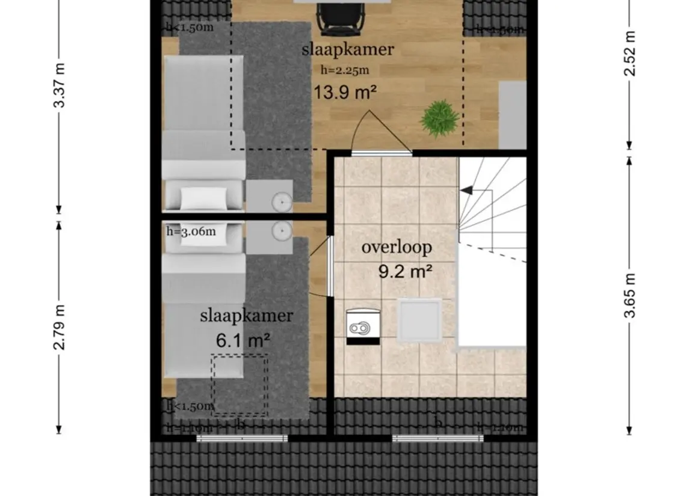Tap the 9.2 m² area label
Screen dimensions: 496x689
[406, 272]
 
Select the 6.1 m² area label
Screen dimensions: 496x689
[243, 340]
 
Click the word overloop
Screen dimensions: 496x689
[397, 247]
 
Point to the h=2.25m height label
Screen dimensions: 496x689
[345, 70]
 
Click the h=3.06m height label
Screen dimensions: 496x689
[191, 230]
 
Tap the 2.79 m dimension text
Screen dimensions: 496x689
[60, 326]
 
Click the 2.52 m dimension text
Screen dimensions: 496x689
[629, 52]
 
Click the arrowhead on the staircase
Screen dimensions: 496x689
[466, 190]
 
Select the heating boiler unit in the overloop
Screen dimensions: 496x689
[363, 326]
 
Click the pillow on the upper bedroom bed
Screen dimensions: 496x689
[203, 197]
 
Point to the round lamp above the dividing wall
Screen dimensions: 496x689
[281, 202]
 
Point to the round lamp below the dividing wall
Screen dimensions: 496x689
[281, 230]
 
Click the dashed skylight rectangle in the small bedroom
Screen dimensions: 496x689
[239, 385]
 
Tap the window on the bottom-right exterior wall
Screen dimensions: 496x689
[437, 438]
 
